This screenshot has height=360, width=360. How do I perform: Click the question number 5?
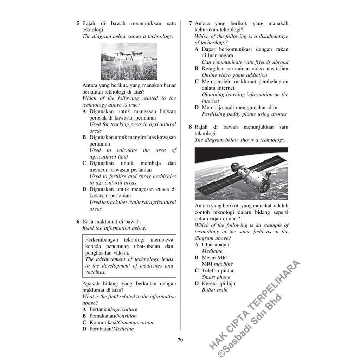tap(78, 24)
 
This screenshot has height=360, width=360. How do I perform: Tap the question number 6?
tap(78, 222)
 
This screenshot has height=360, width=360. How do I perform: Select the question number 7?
tap(190, 24)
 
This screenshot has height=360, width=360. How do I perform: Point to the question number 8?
tap(190, 127)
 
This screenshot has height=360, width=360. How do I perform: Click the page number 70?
tap(180, 340)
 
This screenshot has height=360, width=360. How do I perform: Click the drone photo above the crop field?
tap(129, 61)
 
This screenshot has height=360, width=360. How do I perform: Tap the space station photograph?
tap(241, 174)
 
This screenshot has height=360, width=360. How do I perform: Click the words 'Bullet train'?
tap(215, 290)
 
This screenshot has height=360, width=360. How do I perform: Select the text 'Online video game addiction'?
tap(234, 75)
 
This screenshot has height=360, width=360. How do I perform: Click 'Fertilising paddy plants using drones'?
tap(244, 114)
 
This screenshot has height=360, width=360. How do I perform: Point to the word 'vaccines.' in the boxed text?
tap(95, 272)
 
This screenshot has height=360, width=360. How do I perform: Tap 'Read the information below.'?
tap(114, 228)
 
